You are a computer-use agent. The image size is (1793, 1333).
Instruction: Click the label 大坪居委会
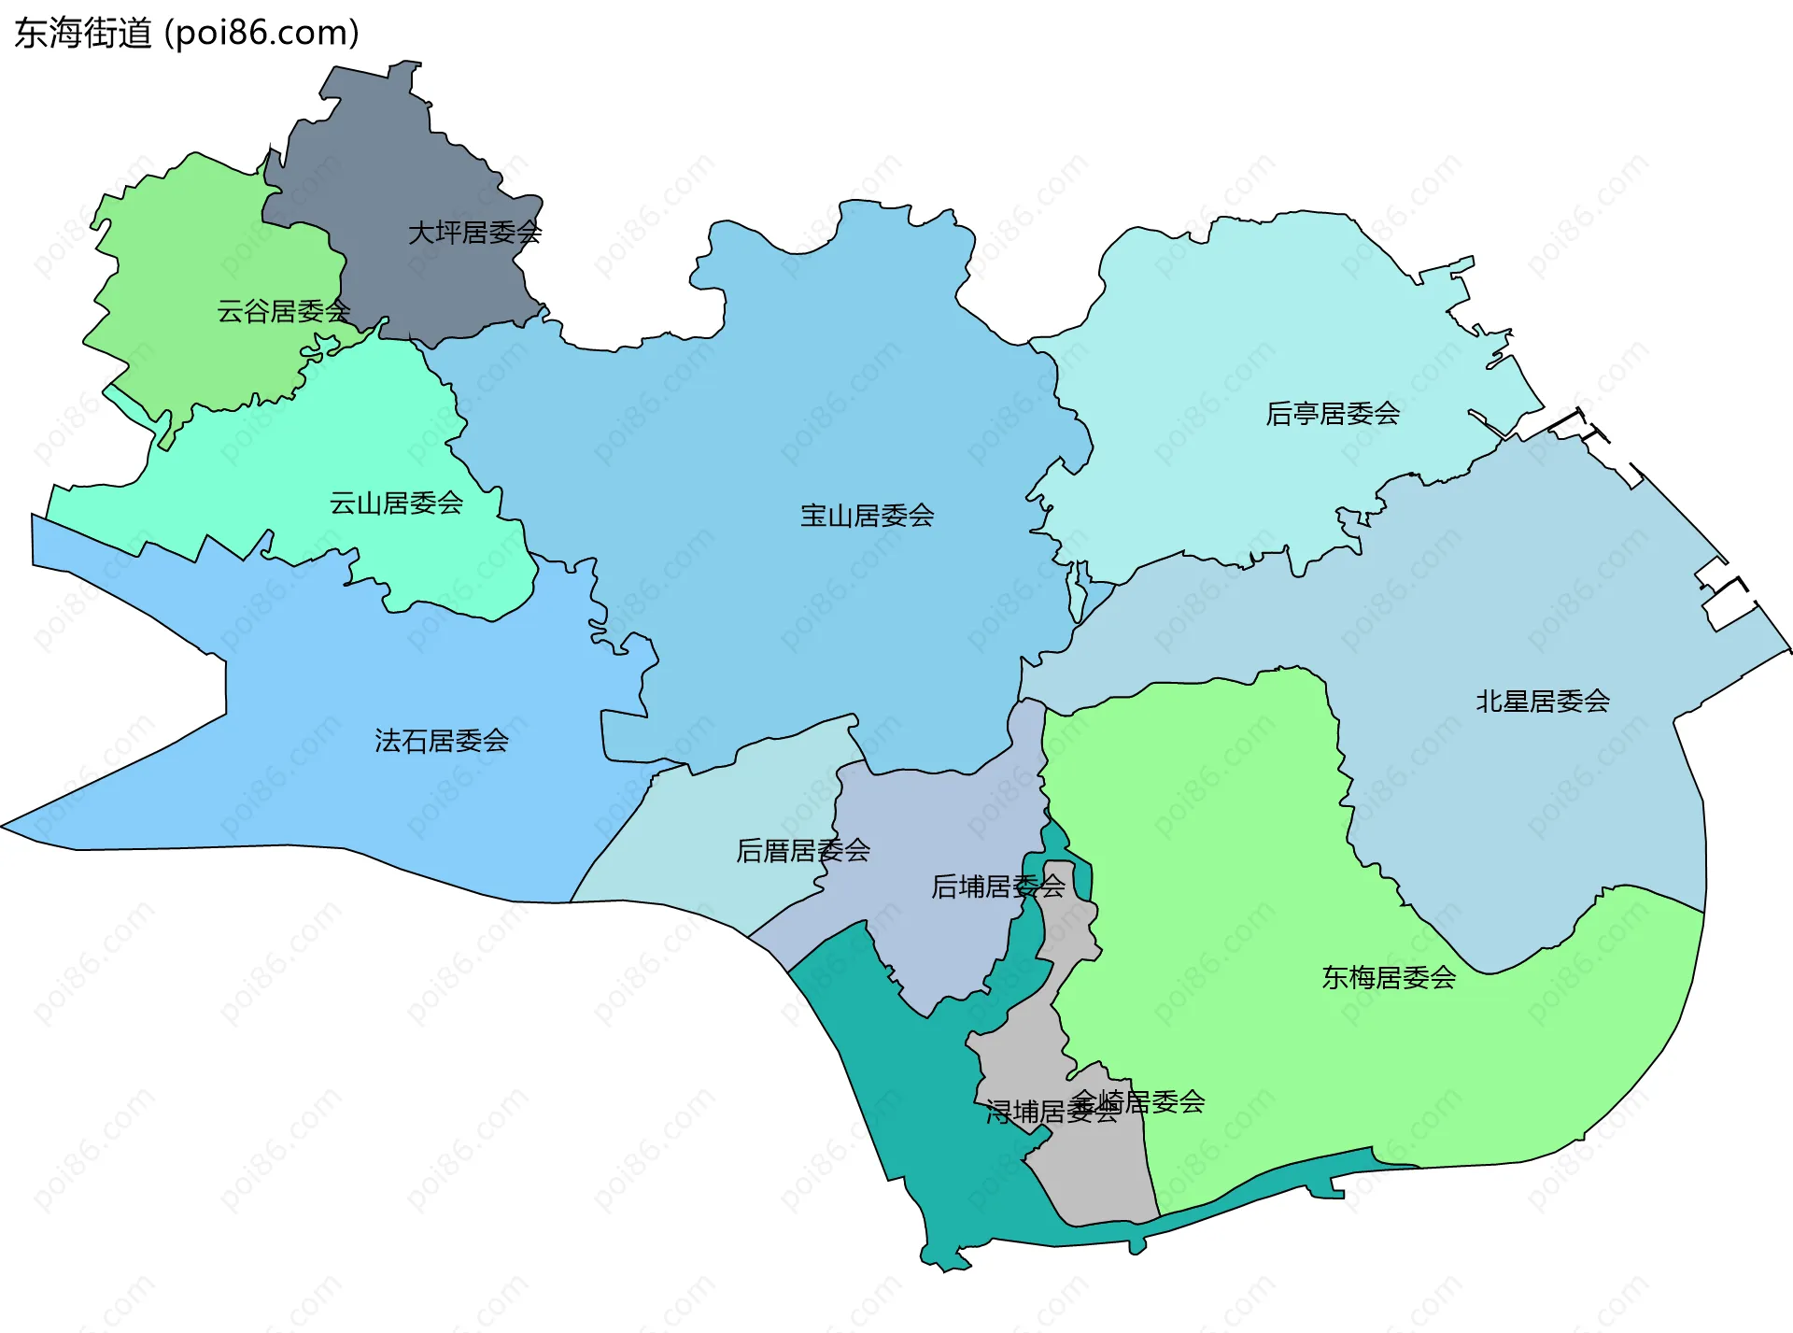pyautogui.click(x=474, y=233)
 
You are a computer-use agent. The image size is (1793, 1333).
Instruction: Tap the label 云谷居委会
pyautogui.click(x=283, y=311)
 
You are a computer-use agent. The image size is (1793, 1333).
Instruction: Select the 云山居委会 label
pyautogui.click(x=396, y=503)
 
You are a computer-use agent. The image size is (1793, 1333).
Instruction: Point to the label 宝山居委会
pyautogui.click(x=867, y=516)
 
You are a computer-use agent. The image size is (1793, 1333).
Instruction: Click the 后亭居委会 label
pyautogui.click(x=1333, y=414)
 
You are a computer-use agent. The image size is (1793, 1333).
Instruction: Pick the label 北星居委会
pyautogui.click(x=1543, y=702)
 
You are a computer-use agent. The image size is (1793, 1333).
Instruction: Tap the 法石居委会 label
pyautogui.click(x=442, y=742)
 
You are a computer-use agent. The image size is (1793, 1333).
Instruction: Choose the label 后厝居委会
pyautogui.click(x=803, y=851)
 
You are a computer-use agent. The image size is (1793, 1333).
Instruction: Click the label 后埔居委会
pyautogui.click(x=997, y=886)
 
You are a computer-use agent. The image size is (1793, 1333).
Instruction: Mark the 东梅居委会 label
pyautogui.click(x=1389, y=978)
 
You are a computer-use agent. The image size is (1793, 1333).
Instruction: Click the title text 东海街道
pyautogui.click(x=82, y=34)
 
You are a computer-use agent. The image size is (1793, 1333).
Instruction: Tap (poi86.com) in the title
pyautogui.click(x=261, y=34)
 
